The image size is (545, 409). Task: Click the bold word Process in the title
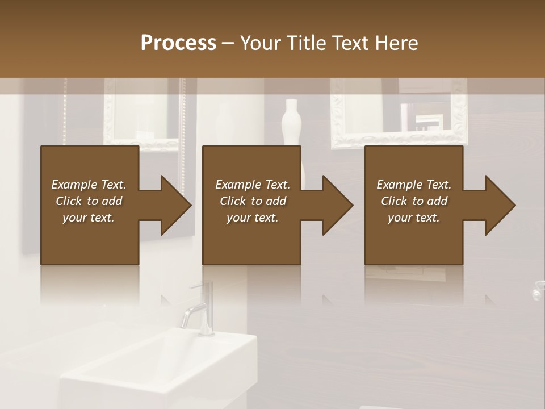click(178, 43)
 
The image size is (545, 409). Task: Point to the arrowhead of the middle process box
click(338, 205)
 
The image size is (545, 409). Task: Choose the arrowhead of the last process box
click(500, 205)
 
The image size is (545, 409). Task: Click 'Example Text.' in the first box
click(89, 185)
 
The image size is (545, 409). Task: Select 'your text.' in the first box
click(89, 218)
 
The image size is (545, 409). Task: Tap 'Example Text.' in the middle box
click(253, 185)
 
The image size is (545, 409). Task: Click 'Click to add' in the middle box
click(253, 201)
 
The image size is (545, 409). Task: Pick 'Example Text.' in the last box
click(414, 185)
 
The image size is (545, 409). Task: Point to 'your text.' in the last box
click(414, 218)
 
